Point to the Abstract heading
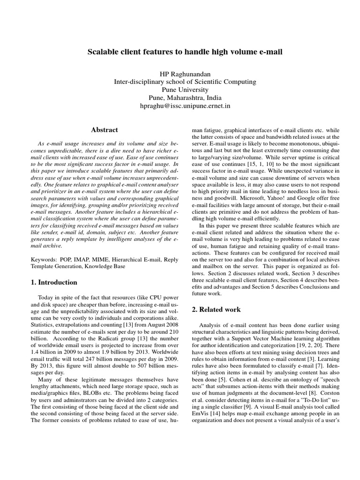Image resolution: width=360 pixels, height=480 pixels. click(104, 129)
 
